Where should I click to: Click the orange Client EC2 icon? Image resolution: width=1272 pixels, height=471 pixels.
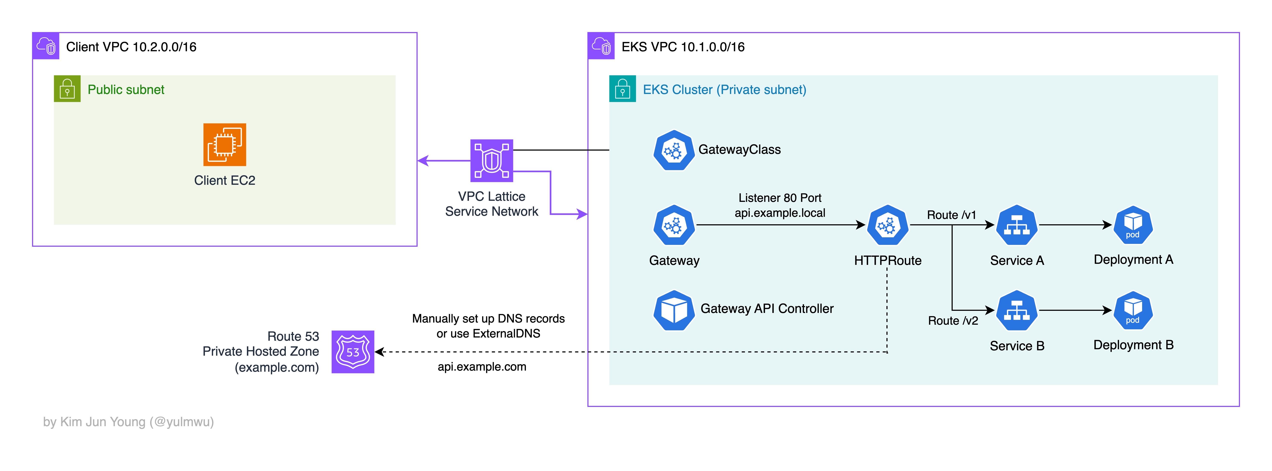225,145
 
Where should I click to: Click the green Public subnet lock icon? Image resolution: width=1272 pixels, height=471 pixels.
67,89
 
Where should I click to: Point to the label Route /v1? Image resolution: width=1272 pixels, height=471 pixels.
951,215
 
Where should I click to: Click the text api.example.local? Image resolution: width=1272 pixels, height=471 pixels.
780,213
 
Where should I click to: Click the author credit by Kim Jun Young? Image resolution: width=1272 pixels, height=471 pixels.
128,422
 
